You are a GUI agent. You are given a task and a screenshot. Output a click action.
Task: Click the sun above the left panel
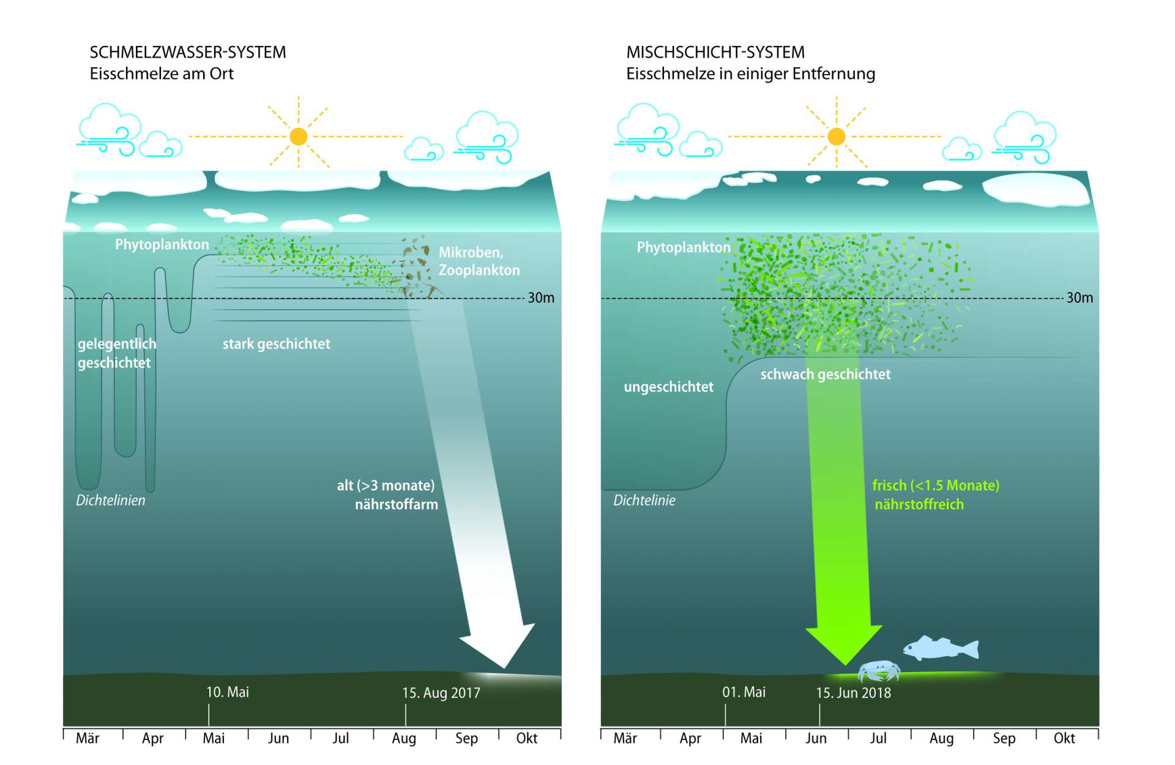pos(299,136)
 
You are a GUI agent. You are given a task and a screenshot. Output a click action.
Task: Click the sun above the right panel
pos(836,136)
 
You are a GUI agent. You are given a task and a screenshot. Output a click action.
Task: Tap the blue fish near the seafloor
pos(941,648)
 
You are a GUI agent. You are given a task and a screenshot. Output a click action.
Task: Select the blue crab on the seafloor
pos(879,670)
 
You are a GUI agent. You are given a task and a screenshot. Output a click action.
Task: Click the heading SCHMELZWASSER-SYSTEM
pos(187,53)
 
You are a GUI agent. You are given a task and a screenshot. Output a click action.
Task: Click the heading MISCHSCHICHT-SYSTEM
pos(715,53)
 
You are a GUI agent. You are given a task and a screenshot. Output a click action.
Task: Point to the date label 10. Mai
pos(227,692)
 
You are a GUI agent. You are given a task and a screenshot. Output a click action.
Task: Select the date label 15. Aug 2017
pos(441,693)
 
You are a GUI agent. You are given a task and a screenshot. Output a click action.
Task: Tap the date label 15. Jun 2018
pos(853,693)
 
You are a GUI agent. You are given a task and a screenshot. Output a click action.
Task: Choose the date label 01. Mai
pos(744,692)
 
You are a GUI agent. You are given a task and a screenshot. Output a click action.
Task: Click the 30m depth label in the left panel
pos(541,298)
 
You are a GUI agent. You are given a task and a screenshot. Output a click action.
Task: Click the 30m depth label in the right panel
pos(1079,298)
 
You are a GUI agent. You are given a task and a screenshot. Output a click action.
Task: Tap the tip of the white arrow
pos(505,666)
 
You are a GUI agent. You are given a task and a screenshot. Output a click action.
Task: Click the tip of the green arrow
pos(845,663)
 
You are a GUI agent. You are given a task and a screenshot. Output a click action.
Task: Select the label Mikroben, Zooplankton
pos(479,261)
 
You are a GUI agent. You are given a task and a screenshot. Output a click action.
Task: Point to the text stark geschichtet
pos(276,344)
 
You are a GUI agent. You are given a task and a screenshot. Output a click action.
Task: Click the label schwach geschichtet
pos(825,375)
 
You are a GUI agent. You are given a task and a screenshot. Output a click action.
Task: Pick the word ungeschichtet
pos(668,387)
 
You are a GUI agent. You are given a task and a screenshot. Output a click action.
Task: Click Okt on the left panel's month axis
pos(526,739)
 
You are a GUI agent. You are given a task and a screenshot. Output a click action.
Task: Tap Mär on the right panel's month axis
pos(625,739)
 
